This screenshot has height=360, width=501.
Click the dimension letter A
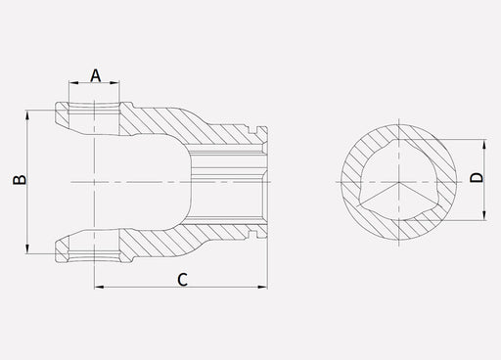pyautogui.click(x=96, y=75)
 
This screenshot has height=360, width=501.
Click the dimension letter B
pyautogui.click(x=20, y=180)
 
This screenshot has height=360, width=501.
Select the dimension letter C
pyautogui.click(x=183, y=280)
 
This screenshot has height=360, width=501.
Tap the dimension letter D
pyautogui.click(x=477, y=177)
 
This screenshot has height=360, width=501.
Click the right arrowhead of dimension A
pyautogui.click(x=114, y=83)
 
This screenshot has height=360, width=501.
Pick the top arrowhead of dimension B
pyautogui.click(x=27, y=115)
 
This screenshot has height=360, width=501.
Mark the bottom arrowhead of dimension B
pyautogui.click(x=27, y=248)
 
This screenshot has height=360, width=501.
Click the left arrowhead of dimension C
pyautogui.click(x=99, y=287)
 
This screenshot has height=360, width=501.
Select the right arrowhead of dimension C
pyautogui.click(x=262, y=287)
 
